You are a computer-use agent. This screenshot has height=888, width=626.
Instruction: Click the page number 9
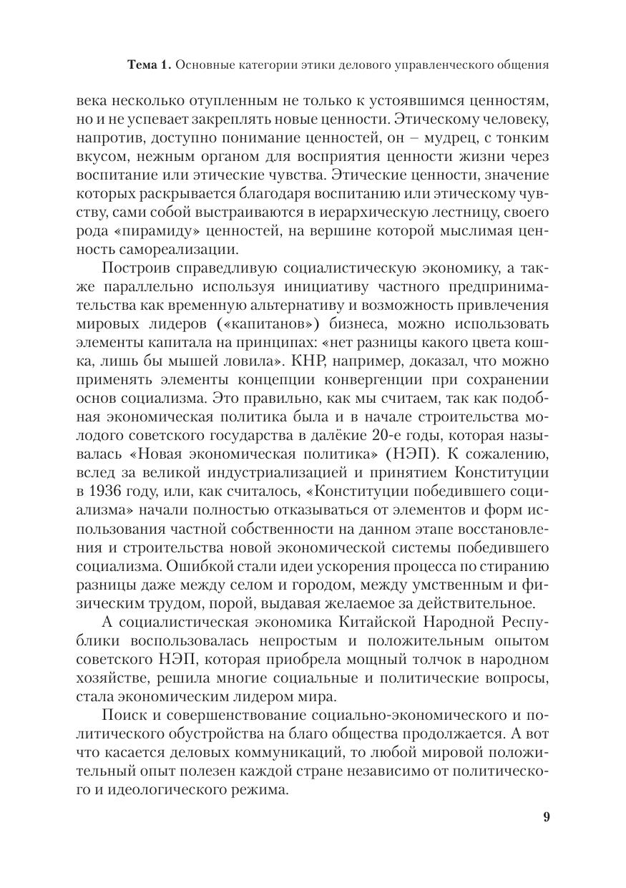coord(546,818)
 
